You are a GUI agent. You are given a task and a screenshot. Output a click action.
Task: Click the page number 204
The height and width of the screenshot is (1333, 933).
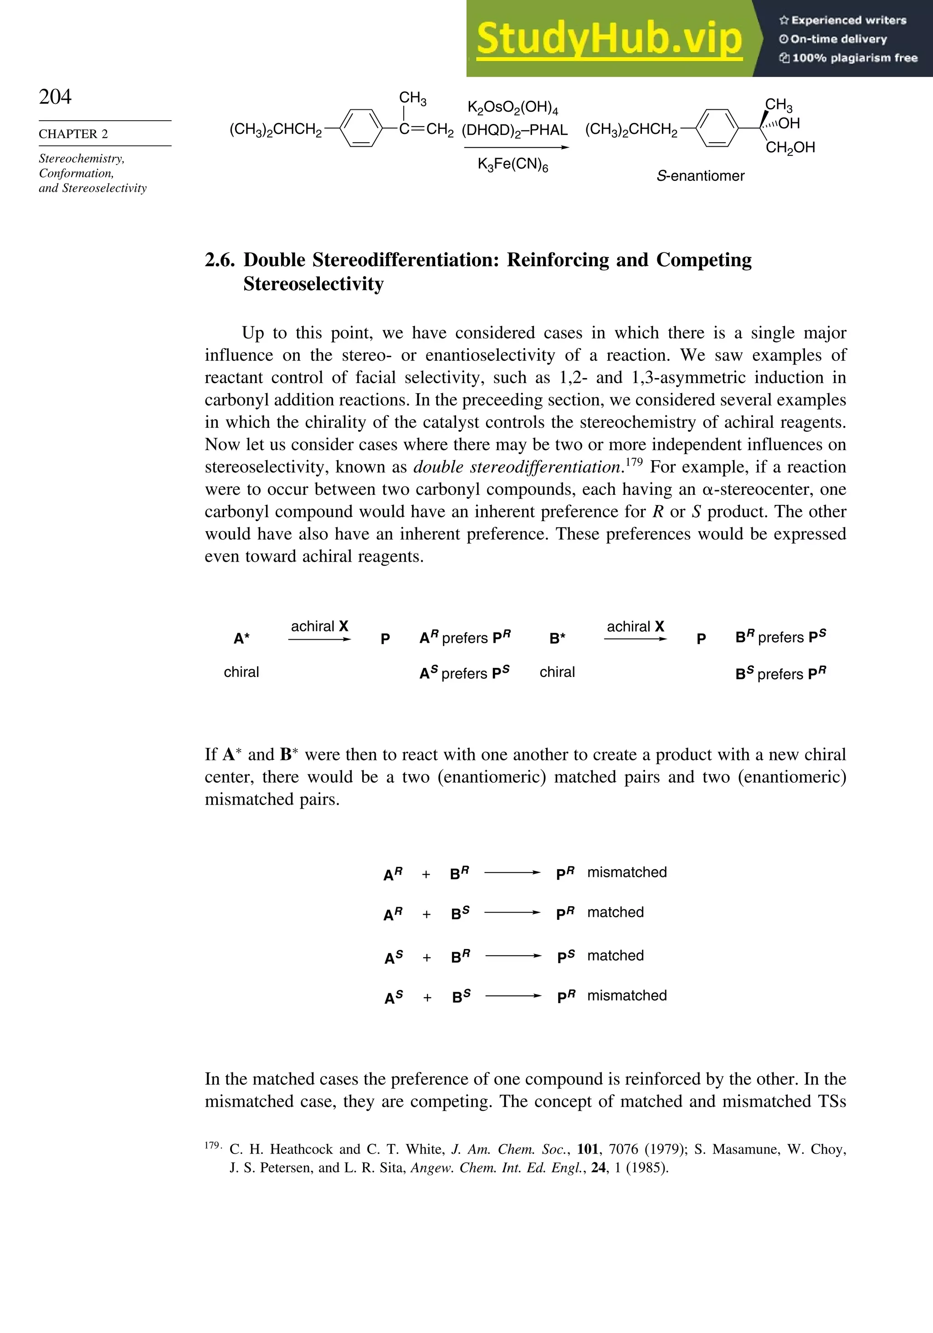(55, 97)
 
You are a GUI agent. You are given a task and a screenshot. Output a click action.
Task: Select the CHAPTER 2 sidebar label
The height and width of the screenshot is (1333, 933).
(73, 134)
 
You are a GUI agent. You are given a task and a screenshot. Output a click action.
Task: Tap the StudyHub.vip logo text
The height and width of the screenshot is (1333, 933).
(609, 39)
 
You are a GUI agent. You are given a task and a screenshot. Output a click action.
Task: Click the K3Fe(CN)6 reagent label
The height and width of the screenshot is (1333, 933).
(513, 165)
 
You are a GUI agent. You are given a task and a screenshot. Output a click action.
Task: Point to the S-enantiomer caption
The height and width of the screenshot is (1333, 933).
(700, 176)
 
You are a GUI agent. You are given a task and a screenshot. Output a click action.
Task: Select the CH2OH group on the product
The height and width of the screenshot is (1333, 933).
(790, 148)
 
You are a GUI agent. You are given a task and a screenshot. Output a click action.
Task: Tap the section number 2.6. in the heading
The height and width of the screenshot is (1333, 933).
(220, 260)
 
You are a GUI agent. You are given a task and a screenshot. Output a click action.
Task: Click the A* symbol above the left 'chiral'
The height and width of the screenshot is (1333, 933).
(241, 639)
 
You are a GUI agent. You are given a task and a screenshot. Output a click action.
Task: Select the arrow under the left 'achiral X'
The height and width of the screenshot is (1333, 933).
(319, 640)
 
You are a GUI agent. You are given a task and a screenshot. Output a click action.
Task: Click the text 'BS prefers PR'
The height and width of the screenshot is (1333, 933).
(780, 673)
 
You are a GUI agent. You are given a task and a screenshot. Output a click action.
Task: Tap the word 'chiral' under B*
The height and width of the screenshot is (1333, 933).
(557, 672)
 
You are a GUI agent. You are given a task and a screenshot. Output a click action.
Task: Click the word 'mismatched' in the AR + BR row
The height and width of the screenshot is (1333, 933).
(626, 872)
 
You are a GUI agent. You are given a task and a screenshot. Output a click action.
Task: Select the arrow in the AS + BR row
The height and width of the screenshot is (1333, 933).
(513, 956)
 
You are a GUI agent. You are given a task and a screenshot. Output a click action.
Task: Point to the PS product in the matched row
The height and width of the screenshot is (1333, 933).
(565, 956)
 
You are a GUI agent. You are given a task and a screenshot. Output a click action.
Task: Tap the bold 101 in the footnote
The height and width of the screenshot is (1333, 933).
(588, 1149)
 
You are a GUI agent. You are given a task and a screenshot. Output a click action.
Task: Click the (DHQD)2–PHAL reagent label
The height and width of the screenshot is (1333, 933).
(514, 130)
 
